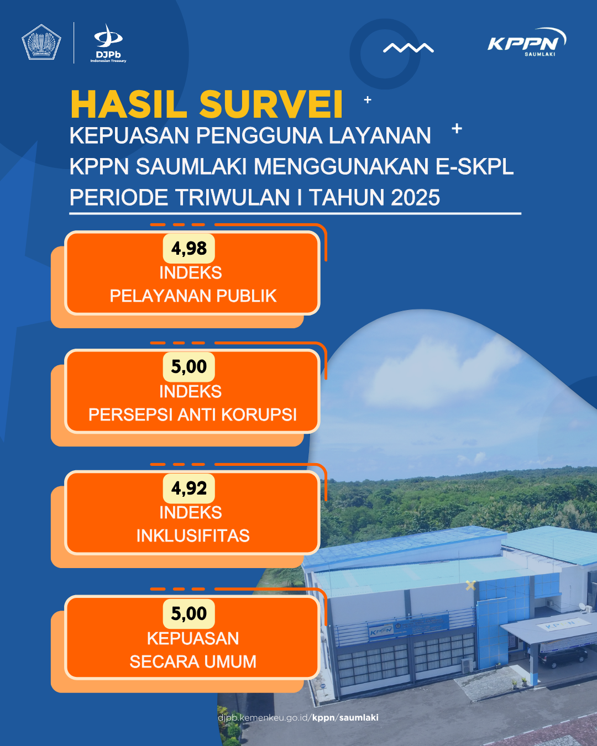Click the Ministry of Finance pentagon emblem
click(41, 42)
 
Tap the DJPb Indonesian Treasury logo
click(108, 43)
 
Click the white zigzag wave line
click(409, 48)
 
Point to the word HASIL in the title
click(129, 104)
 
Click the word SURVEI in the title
click(271, 104)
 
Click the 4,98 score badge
click(188, 248)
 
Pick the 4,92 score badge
click(188, 488)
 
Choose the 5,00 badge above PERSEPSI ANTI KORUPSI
click(188, 366)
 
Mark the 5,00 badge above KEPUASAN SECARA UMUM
click(188, 613)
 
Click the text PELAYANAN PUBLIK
click(193, 296)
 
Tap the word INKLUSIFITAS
click(193, 535)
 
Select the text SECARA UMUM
click(193, 661)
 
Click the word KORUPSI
click(259, 414)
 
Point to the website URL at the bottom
click(298, 717)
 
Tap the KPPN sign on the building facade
click(380, 631)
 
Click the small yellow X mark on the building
click(470, 586)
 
